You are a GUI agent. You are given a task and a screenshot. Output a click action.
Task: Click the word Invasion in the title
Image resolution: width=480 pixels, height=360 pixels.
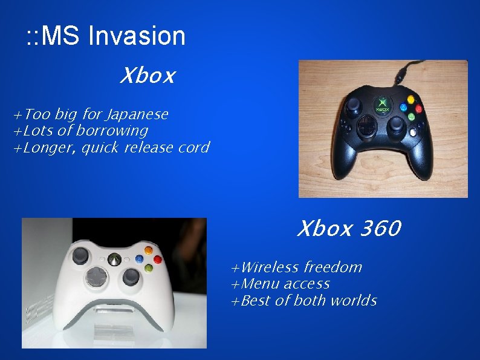137,36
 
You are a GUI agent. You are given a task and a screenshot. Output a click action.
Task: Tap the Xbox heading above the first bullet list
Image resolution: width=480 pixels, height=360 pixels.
147,76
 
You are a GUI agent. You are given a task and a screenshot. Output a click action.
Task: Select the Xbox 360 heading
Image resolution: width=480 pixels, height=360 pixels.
348,229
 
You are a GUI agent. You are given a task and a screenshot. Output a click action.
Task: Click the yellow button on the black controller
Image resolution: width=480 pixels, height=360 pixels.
411,99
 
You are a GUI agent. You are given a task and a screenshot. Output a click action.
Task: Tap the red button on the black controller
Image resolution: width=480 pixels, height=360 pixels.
419,108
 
